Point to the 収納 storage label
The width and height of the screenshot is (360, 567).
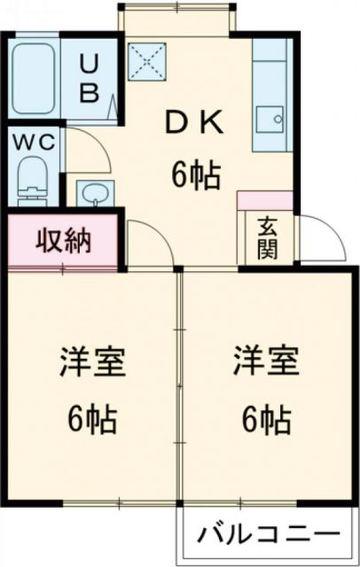point(64,240)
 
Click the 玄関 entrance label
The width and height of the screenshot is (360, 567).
point(266,237)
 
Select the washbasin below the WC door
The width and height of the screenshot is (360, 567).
point(92,192)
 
